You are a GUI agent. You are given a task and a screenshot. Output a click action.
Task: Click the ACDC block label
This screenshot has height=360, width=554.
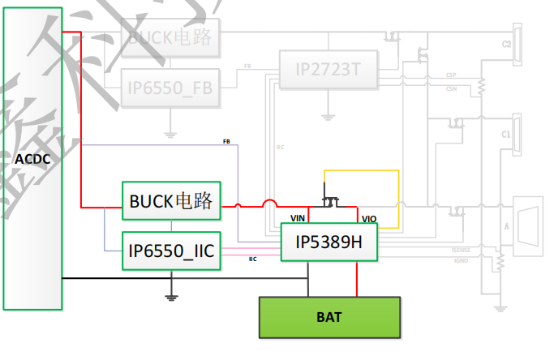tap(32, 159)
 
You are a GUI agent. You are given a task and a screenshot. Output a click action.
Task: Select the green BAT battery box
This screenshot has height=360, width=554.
tap(329, 317)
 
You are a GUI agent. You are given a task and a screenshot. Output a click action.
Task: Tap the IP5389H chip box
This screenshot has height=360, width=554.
tap(329, 242)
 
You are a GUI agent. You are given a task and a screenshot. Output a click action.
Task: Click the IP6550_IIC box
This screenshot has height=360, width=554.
tap(171, 251)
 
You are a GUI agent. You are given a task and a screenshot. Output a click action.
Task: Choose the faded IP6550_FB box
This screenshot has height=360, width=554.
tap(170, 88)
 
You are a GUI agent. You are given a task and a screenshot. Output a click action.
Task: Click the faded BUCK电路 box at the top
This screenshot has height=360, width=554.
tap(170, 36)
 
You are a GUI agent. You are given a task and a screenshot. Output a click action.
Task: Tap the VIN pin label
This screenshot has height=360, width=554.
tap(298, 218)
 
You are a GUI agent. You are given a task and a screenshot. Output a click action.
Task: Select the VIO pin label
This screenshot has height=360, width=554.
tap(369, 219)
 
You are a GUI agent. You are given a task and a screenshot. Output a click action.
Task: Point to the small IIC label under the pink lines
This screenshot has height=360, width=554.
tap(252, 259)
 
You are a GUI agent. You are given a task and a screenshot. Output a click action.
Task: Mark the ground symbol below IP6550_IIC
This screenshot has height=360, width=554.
tap(171, 297)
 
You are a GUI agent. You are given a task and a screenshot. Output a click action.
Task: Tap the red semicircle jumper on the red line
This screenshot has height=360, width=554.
tap(268, 204)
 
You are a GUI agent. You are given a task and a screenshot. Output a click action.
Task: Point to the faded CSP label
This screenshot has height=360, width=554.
tap(450, 75)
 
